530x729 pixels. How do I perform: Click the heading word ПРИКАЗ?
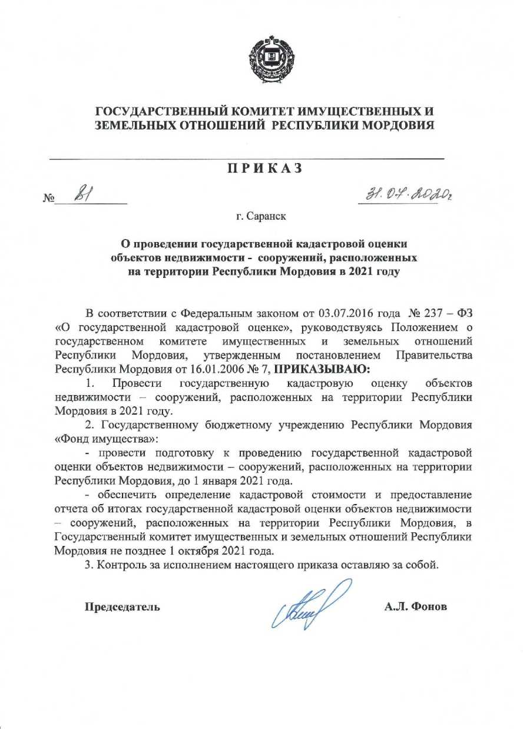(x=265, y=168)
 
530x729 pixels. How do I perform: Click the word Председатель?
(x=122, y=607)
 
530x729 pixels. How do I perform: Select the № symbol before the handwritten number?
(x=49, y=198)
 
